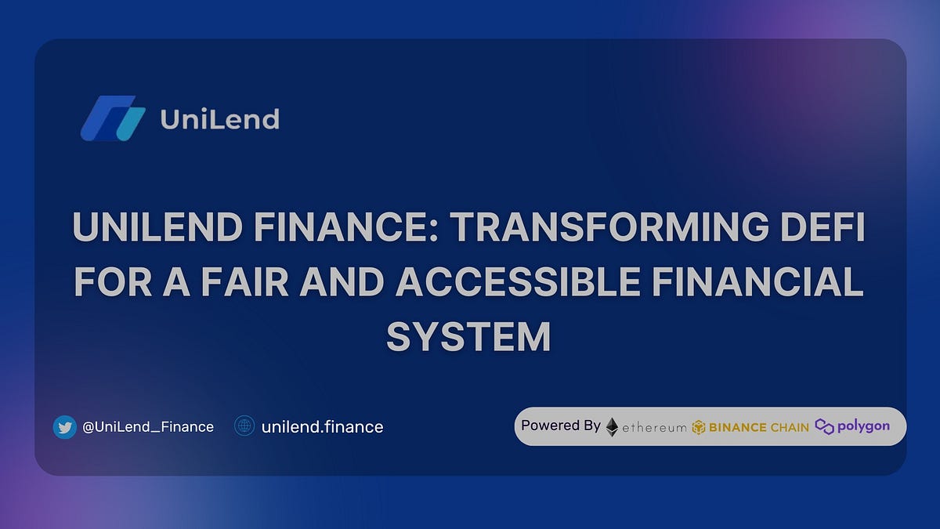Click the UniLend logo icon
114,118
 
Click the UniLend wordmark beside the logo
219,119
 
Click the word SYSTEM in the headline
468,336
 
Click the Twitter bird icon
64,427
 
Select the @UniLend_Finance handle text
147,427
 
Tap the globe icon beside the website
245,426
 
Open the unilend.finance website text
322,427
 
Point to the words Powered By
561,426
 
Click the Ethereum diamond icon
612,426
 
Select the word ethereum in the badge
654,428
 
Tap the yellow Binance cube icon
699,427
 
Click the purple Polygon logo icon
824,426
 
